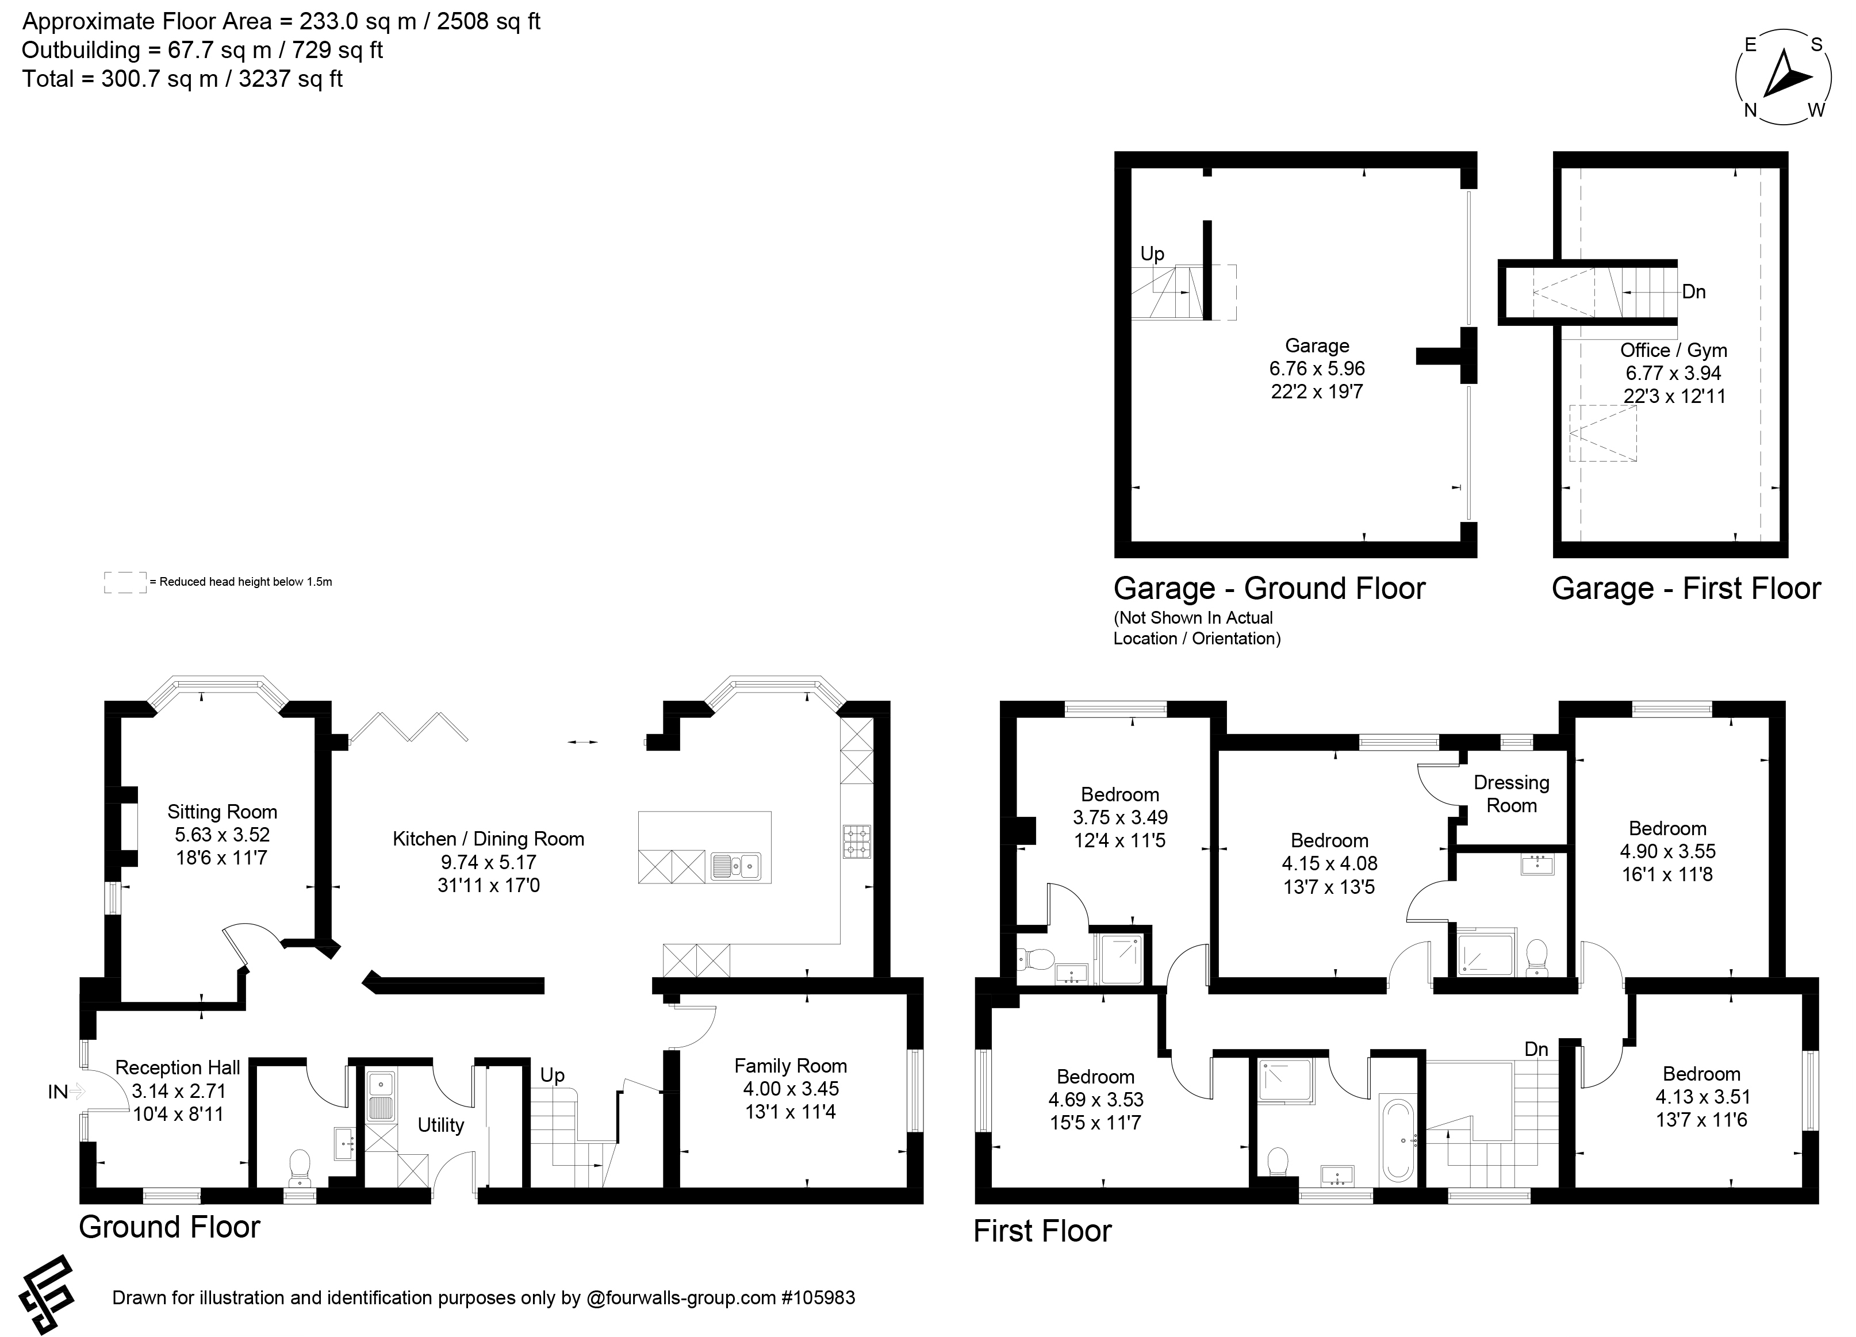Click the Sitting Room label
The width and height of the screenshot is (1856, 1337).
223,812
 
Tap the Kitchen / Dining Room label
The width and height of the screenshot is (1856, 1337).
489,839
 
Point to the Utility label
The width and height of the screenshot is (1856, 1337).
441,1125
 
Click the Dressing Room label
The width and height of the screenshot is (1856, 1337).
1512,794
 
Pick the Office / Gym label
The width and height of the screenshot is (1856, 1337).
1674,350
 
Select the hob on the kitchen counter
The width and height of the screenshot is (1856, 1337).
857,841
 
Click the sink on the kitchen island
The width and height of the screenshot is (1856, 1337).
736,866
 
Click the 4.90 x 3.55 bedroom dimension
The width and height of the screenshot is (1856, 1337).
1668,851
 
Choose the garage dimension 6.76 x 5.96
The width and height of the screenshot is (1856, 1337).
1317,368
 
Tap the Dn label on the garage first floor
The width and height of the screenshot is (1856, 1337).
1693,292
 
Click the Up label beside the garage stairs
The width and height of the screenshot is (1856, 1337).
1152,253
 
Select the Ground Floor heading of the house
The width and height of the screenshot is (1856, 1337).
170,1227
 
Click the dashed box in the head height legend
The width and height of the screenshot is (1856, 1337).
125,582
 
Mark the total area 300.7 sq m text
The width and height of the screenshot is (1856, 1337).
182,79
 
